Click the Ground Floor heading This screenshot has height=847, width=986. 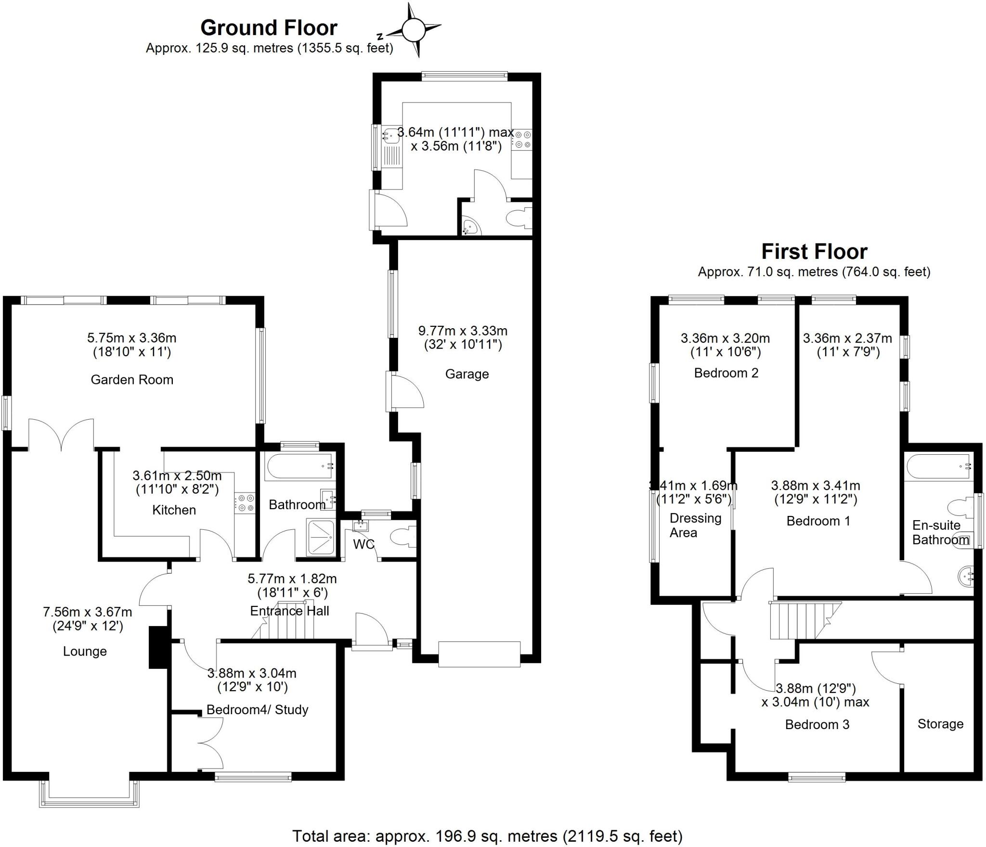pos(269,28)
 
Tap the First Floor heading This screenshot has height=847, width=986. pos(814,251)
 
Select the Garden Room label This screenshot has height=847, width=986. pos(132,380)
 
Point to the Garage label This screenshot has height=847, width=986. pos(467,374)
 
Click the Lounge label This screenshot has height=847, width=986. pos(85,651)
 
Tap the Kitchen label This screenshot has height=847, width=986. pos(174,510)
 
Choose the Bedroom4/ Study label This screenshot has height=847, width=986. pos(257,709)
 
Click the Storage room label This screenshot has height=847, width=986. pos(940,724)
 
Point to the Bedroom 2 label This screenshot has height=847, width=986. pos(726,373)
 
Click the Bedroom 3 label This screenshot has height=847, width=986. pos(817,724)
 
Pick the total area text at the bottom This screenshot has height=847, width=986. pos(487,836)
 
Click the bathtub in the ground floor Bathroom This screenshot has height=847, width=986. pos(299,465)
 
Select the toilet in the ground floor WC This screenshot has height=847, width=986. pos(402,537)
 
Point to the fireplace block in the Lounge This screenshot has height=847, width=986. pos(158,647)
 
